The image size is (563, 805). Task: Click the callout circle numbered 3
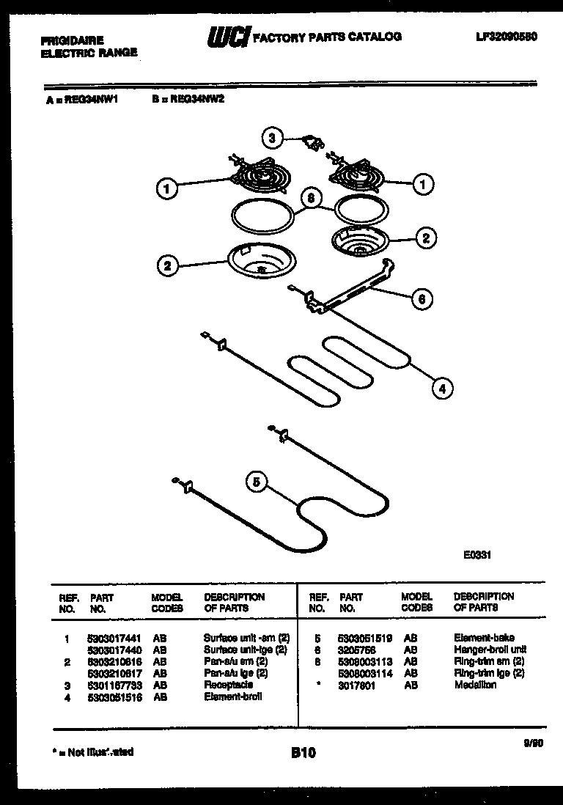(272, 137)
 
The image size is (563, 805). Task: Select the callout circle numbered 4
(441, 389)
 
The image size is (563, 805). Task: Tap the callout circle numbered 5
(256, 482)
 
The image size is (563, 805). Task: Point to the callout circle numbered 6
(421, 298)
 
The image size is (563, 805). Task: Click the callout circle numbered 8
(312, 198)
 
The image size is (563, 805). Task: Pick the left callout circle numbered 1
(167, 189)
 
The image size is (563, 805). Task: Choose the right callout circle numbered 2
(425, 238)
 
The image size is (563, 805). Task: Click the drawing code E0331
(476, 555)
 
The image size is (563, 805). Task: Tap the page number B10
(303, 752)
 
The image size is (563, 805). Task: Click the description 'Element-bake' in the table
(484, 638)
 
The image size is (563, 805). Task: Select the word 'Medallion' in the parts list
(475, 685)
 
